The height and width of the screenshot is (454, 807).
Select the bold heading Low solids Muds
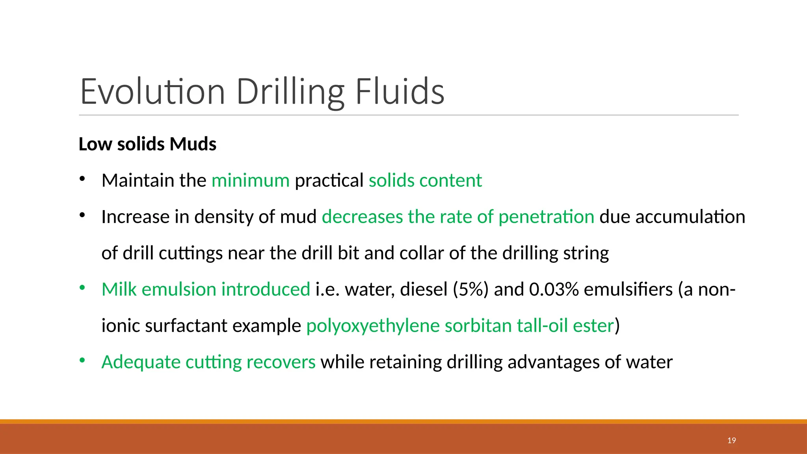click(147, 144)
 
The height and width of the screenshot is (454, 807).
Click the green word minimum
click(251, 180)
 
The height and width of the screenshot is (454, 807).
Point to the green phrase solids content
click(425, 180)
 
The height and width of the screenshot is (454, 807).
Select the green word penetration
click(546, 217)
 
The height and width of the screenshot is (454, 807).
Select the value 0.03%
click(554, 289)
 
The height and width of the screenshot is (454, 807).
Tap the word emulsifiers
click(628, 289)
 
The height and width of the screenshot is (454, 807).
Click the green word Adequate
click(141, 362)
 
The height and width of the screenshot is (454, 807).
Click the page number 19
click(731, 441)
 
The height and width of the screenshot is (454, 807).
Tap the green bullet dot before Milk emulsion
click(82, 288)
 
